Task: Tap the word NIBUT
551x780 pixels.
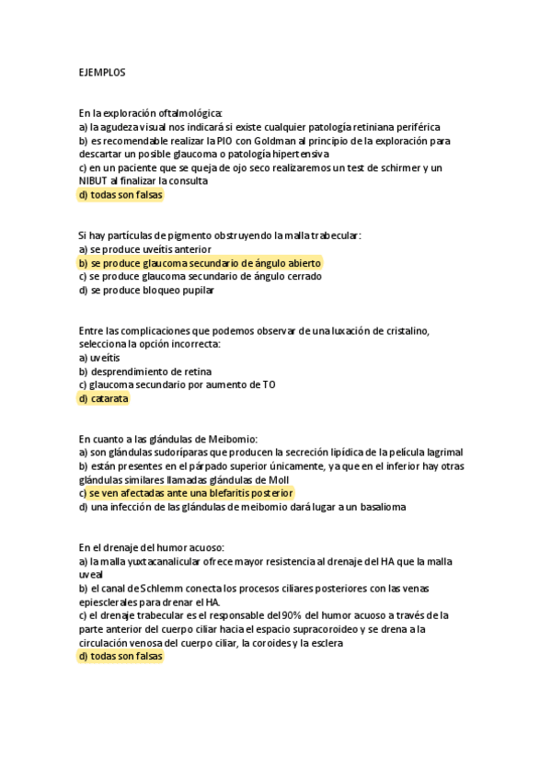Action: pos(96,181)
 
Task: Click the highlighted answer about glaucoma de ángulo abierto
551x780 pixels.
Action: pos(201,262)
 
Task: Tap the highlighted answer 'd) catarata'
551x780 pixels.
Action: pos(104,398)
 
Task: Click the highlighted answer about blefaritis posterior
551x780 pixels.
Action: pos(186,493)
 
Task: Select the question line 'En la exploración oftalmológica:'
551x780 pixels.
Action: pos(151,113)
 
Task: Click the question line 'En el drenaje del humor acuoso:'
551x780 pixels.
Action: pos(152,546)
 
